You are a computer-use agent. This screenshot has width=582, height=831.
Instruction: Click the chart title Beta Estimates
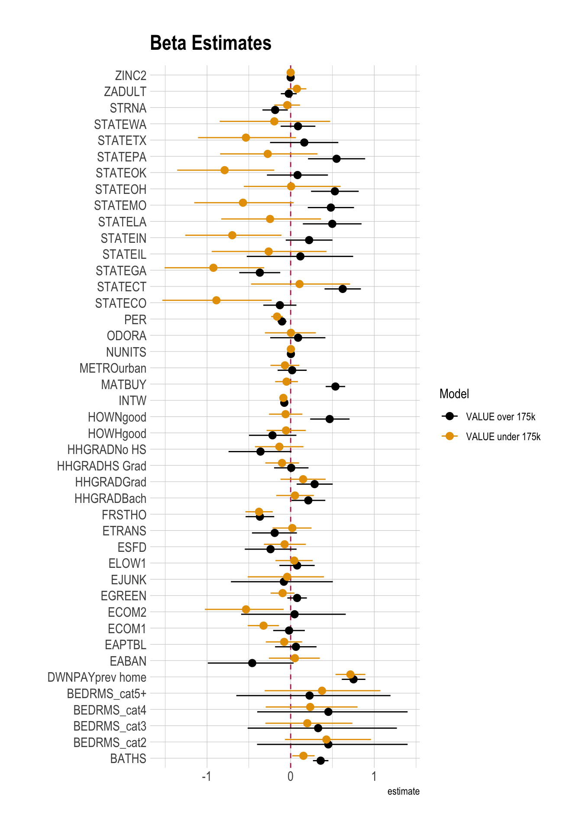pyautogui.click(x=210, y=43)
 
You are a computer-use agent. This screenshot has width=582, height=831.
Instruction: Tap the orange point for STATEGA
pyautogui.click(x=213, y=268)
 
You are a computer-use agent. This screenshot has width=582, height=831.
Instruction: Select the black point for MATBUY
pyautogui.click(x=335, y=387)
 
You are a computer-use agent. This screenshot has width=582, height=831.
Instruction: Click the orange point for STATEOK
pyautogui.click(x=224, y=170)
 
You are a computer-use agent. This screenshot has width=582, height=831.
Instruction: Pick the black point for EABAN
pyautogui.click(x=252, y=663)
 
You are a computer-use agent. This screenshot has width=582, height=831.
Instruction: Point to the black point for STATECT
pyautogui.click(x=343, y=289)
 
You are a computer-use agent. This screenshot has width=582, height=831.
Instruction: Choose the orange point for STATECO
pyautogui.click(x=216, y=300)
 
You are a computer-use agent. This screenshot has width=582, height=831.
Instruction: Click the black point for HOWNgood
pyautogui.click(x=330, y=419)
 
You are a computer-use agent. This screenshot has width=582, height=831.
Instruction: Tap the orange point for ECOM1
pyautogui.click(x=263, y=625)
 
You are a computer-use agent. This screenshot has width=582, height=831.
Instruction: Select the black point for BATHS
pyautogui.click(x=320, y=760)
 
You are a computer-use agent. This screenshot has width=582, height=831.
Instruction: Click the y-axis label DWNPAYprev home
pyautogui.click(x=97, y=677)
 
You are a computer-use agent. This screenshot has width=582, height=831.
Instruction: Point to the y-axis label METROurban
pyautogui.click(x=113, y=368)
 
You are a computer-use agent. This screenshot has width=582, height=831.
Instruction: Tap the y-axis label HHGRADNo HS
pyautogui.click(x=107, y=450)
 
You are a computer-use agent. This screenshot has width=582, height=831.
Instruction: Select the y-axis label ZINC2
pyautogui.click(x=131, y=76)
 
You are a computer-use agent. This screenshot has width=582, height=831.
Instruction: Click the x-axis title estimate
pyautogui.click(x=403, y=792)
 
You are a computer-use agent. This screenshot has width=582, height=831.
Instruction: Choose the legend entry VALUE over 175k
pyautogui.click(x=501, y=417)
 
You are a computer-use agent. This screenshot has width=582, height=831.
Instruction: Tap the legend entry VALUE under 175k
pyautogui.click(x=503, y=437)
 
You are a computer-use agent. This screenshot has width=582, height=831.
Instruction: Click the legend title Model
pyautogui.click(x=454, y=394)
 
